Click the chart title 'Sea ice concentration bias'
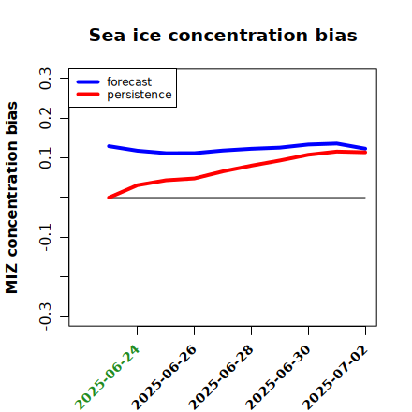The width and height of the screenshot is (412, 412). coord(223,35)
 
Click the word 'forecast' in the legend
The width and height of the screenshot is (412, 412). coord(129,81)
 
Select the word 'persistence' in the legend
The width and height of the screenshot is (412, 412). coord(140,95)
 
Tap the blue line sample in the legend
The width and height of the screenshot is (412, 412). coord(88,81)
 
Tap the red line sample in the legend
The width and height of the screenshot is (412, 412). coord(88,95)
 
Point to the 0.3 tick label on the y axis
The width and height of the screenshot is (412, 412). coord(45,78)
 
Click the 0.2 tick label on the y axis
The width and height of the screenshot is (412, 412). coord(45,118)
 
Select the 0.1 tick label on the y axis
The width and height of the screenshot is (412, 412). coord(45,158)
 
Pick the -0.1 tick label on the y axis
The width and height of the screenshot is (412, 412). coord(45,237)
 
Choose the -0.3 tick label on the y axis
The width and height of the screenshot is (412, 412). coord(45,316)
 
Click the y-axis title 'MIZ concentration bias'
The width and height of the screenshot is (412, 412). coord(12,198)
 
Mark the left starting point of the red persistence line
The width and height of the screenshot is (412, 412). coord(109,198)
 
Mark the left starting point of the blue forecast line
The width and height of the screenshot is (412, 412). coord(109,146)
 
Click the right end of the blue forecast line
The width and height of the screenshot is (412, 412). coord(365,149)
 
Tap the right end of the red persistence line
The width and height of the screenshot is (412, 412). coord(365,153)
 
